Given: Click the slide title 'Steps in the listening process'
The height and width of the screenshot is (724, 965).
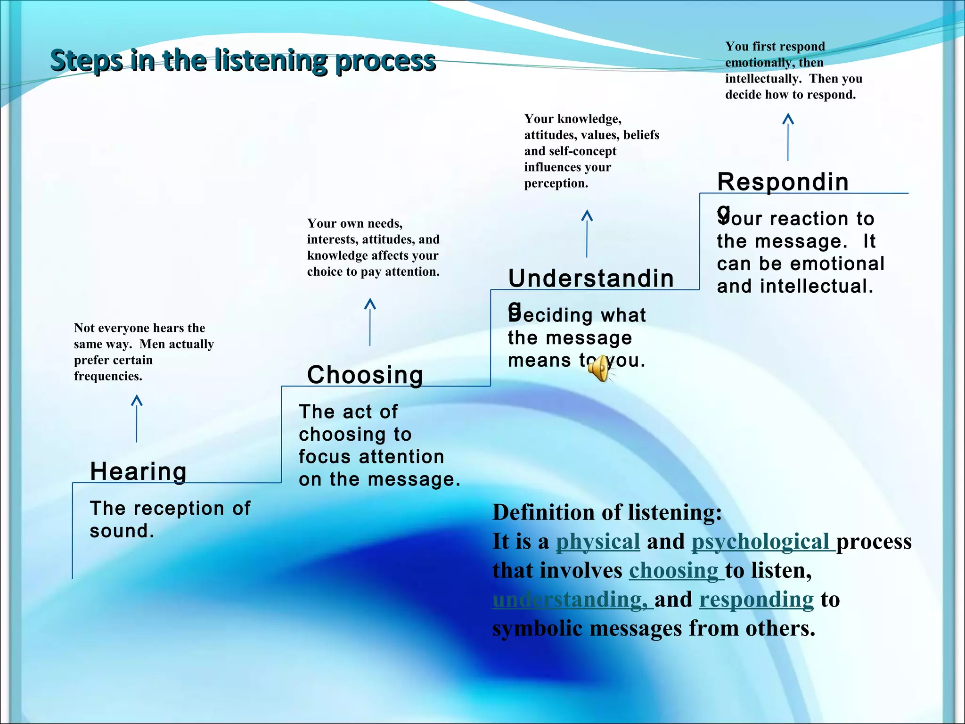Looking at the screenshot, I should click(x=243, y=61).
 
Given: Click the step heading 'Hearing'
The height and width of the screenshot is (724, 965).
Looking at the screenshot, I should click(x=139, y=471).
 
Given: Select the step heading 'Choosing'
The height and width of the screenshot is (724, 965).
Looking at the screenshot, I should click(x=365, y=375).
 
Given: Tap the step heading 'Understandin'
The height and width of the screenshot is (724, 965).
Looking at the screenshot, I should click(x=591, y=278).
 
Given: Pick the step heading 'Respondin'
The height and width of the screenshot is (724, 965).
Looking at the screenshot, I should click(x=783, y=182).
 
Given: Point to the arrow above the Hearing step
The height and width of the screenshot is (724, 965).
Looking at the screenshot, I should click(x=137, y=418).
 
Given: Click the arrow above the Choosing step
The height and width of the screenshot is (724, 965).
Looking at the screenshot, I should click(x=370, y=322).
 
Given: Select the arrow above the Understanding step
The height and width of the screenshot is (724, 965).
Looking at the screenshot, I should click(x=587, y=233).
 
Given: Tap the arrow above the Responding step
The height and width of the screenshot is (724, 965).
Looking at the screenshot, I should click(x=788, y=137).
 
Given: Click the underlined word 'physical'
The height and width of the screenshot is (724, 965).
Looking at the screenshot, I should click(x=597, y=542).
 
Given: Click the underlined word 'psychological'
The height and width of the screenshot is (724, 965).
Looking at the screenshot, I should click(x=760, y=542).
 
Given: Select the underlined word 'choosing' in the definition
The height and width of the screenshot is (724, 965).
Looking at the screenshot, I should click(x=673, y=571).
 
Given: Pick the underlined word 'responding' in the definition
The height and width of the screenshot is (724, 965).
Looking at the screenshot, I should click(x=756, y=600).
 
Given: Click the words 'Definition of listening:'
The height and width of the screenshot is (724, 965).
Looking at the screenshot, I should click(x=607, y=512).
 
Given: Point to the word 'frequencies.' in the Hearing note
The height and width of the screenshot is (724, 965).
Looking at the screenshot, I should click(x=108, y=376).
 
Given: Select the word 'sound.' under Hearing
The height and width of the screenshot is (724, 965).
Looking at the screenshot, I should click(x=122, y=531).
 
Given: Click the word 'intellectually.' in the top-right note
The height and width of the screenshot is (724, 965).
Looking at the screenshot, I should click(x=763, y=79).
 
